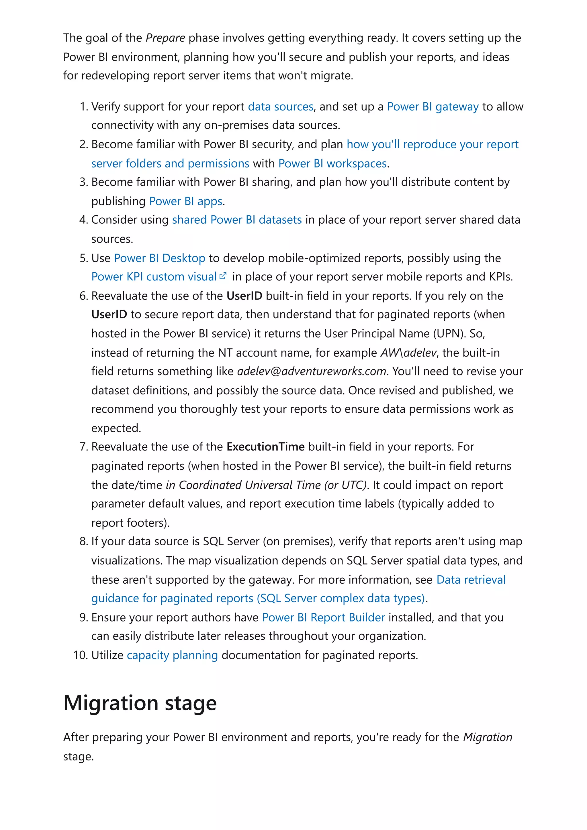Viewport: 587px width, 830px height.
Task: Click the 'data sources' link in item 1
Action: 280,107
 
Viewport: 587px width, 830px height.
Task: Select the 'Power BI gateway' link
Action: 433,107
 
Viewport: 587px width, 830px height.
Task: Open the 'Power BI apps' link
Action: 185,201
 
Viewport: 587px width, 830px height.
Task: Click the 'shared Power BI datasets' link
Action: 237,220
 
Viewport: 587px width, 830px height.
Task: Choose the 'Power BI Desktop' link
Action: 159,258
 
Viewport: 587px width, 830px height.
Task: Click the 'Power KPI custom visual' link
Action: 154,277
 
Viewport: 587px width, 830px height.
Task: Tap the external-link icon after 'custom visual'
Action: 223,276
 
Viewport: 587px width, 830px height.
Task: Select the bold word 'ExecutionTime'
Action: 265,447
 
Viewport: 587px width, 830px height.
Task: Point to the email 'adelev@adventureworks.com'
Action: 311,371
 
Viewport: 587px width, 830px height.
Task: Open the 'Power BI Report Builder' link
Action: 323,617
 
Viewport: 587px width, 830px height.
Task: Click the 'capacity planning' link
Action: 172,655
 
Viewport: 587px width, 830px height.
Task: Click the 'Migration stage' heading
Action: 140,703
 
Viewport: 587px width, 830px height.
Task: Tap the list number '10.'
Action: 80,655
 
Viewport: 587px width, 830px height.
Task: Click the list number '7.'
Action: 83,447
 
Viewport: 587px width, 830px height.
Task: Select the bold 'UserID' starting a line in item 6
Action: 109,314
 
